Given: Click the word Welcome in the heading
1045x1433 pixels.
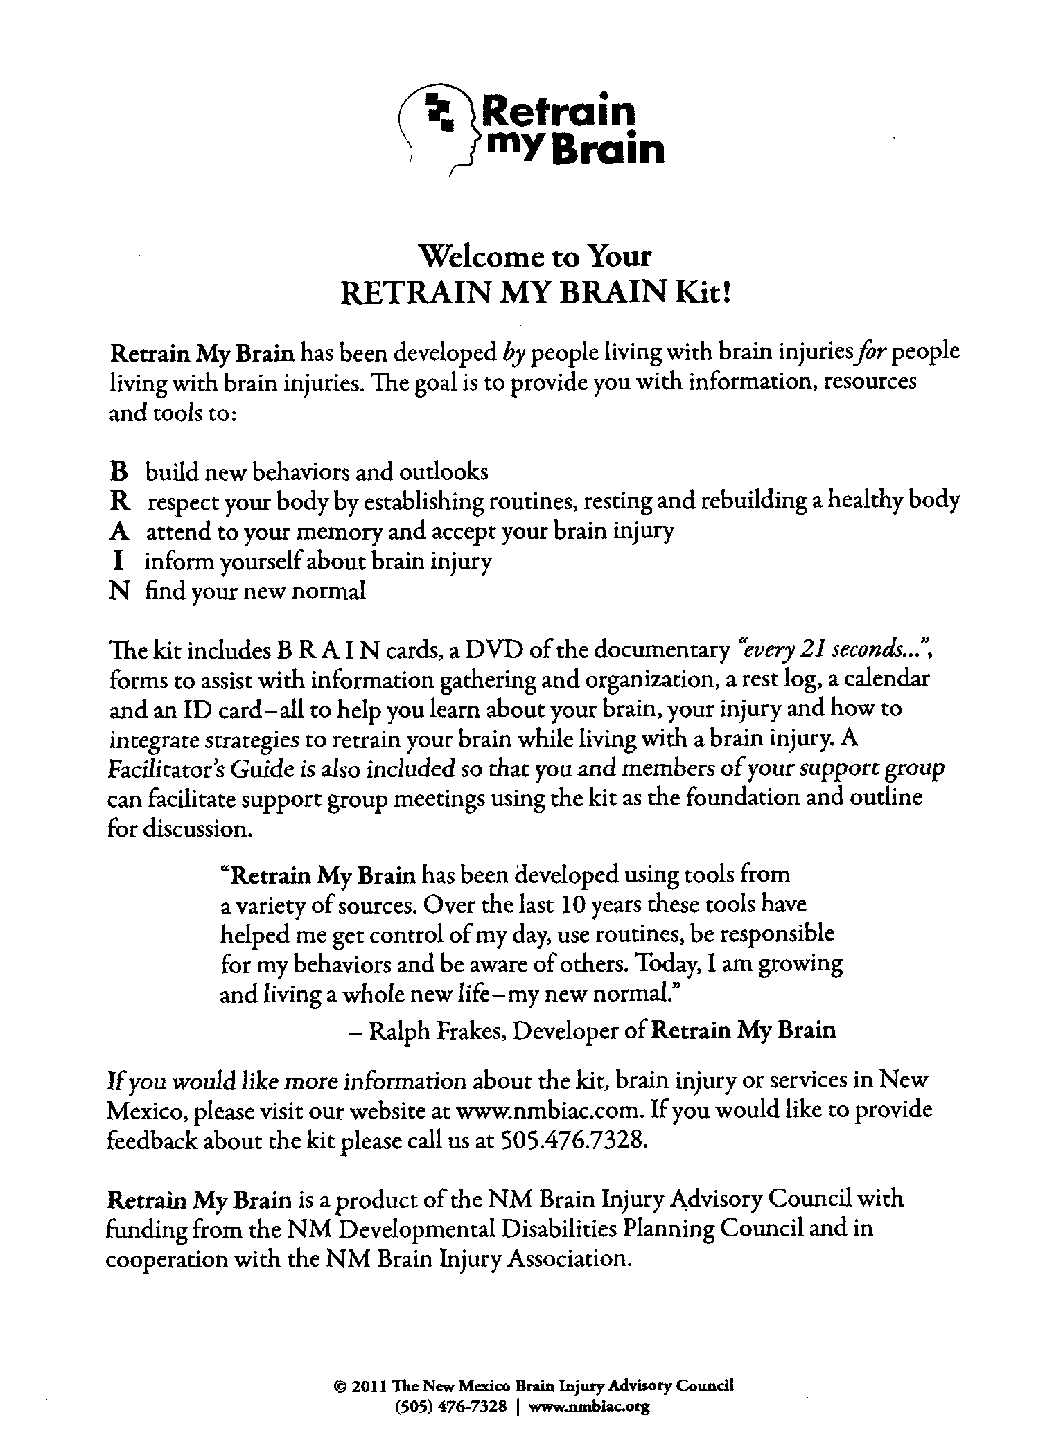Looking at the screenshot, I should click(x=481, y=257).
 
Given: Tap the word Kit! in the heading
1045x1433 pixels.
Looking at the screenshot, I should click(x=704, y=293).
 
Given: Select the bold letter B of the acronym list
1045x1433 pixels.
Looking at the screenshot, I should click(x=119, y=472).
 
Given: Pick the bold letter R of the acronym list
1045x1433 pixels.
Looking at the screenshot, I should click(x=119, y=501).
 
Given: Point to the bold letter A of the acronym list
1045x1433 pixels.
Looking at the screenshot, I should click(x=118, y=531).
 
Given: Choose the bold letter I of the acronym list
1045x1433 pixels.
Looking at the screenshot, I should click(x=115, y=561).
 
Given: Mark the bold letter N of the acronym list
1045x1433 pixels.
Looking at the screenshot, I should click(x=119, y=591).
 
